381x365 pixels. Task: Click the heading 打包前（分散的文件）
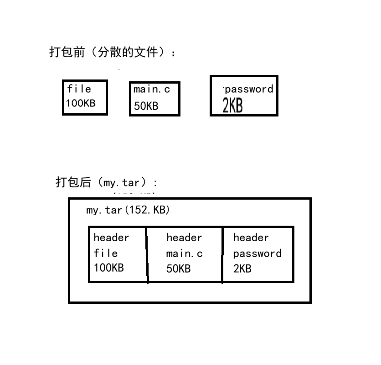point(112,53)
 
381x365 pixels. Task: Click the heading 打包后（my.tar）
point(106,183)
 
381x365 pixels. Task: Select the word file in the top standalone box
point(79,89)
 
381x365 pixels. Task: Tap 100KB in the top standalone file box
point(81,103)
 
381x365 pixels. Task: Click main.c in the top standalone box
point(152,90)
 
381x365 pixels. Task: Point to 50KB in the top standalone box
point(146,106)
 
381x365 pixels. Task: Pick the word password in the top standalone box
point(249,89)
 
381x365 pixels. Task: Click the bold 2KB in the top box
point(232,106)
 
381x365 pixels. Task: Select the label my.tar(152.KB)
point(128,210)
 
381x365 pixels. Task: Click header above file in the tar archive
point(111,238)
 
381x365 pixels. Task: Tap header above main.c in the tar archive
point(184,238)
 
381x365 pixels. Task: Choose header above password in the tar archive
point(251,238)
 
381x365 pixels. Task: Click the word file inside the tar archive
point(106,253)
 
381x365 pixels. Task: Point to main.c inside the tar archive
point(185,254)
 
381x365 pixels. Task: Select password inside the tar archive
point(257,254)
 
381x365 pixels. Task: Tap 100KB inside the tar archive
point(108,268)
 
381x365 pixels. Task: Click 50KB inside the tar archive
point(178,269)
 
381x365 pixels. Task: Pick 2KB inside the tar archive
point(242,269)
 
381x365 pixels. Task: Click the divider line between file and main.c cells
point(147,254)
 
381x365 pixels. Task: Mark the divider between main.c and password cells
point(222,254)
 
